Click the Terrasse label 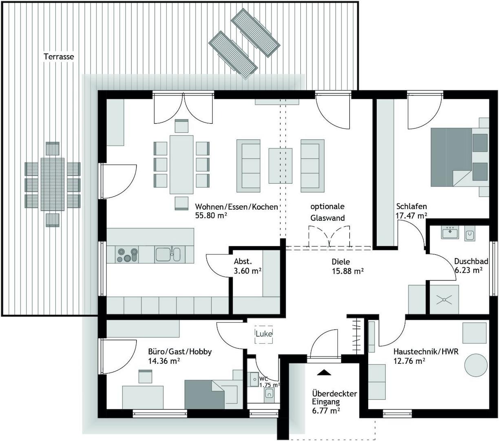click(59, 57)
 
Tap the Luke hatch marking click(263, 334)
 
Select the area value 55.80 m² click(211, 216)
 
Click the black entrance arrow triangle click(324, 372)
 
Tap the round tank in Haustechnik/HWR click(476, 365)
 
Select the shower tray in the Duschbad click(444, 300)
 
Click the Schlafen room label click(411, 206)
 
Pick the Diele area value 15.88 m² click(347, 271)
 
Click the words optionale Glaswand click(327, 212)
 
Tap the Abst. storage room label click(243, 261)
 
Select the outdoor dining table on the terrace click(53, 184)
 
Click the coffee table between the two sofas click(280, 166)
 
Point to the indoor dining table click(181, 165)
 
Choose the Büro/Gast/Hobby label click(180, 352)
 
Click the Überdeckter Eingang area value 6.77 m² click(326, 411)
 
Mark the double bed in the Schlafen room click(460, 157)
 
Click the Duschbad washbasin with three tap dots click(450, 232)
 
